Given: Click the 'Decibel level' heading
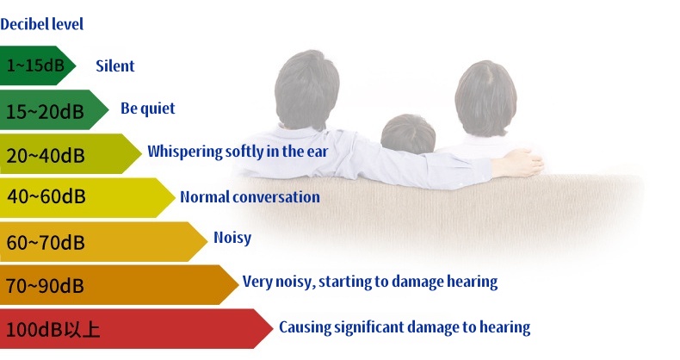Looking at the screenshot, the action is pos(41,24).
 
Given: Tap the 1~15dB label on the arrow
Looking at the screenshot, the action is pos(35,65).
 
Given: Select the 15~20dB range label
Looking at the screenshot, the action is pos(45,111).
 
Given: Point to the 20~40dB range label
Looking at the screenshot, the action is pos(45,155).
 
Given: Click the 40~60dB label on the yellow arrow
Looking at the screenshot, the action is pos(46,196).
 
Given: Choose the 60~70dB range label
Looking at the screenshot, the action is pos(45,242).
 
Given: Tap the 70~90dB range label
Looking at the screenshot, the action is pos(45,285).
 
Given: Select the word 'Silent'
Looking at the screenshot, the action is pos(115,66).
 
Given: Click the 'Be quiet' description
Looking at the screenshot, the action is pos(147,109).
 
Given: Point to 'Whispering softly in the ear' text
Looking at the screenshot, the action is pos(238,152).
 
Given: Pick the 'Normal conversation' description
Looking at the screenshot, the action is pos(250,197).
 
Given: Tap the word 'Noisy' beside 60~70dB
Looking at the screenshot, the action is pos(232,238).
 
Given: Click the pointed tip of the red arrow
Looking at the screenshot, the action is pos(273,328).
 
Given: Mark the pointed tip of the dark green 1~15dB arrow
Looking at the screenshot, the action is pos(76,65).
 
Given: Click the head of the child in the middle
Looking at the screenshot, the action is pos(408,134).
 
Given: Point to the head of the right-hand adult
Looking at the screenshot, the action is pos(485,97).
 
